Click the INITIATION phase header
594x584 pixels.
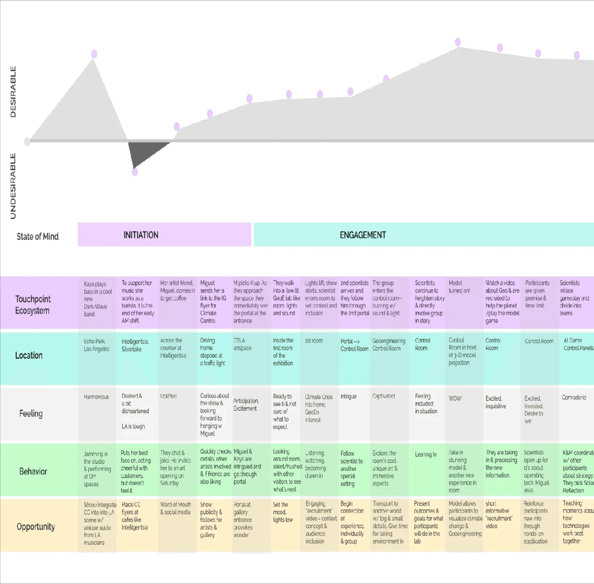point(141,235)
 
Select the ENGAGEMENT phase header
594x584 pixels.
point(362,235)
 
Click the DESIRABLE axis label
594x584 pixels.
point(13,92)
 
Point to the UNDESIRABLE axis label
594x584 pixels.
point(13,186)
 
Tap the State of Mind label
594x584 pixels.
point(37,236)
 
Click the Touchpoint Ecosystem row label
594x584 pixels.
point(33,305)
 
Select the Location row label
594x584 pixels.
point(29,355)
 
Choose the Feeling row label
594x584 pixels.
point(31,413)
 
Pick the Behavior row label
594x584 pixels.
point(33,471)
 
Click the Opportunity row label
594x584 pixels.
point(36,526)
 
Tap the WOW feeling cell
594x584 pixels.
point(455,399)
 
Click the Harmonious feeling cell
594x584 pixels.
point(96,397)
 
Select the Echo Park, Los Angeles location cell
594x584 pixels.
point(96,345)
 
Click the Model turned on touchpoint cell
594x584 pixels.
point(459,287)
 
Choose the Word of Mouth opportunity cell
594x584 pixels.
point(175,508)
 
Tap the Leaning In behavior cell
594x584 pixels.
point(426,455)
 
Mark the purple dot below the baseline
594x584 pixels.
point(135,172)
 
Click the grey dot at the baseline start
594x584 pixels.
point(27,141)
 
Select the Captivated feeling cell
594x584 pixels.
point(384,396)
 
